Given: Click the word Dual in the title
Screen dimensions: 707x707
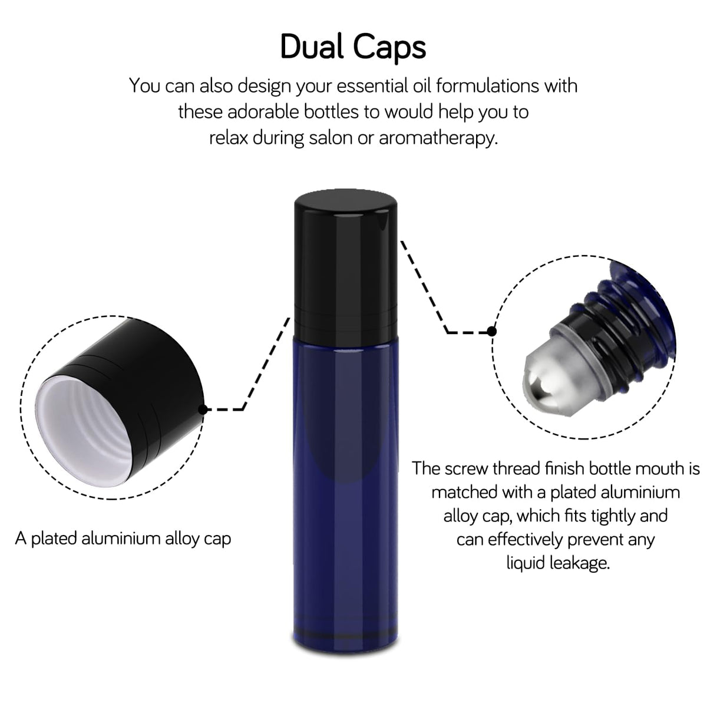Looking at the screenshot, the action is [312, 47].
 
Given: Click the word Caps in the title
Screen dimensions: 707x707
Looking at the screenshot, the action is [389, 48].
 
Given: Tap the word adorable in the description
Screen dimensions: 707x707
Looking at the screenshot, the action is [264, 111].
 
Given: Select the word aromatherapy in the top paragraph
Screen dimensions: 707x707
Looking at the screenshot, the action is [438, 138].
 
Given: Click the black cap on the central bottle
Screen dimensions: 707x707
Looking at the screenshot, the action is [346, 263].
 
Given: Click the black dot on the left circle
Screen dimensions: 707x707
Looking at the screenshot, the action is [203, 409].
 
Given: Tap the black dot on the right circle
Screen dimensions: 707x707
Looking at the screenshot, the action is [492, 331].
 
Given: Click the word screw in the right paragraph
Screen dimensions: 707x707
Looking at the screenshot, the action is [467, 469].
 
